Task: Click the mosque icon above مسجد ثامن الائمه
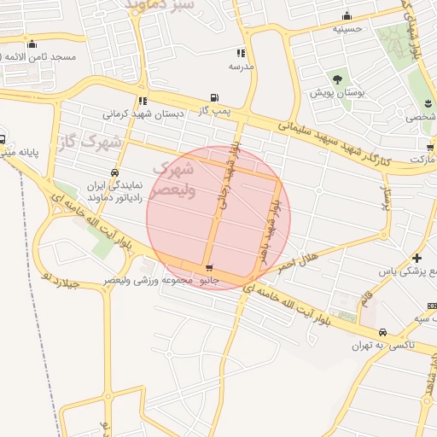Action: [x=32, y=44]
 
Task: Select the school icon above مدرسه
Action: [x=238, y=52]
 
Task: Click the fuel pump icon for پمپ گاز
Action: [x=213, y=97]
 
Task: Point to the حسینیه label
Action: [x=347, y=28]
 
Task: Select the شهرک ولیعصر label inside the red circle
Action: [x=176, y=179]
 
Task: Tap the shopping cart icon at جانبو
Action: [x=209, y=270]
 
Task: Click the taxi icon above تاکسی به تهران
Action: [x=382, y=332]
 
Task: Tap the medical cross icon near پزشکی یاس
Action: [x=416, y=258]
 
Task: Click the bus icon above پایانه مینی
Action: [x=3, y=140]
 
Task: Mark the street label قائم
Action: [x=368, y=299]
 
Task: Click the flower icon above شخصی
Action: [x=428, y=104]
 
